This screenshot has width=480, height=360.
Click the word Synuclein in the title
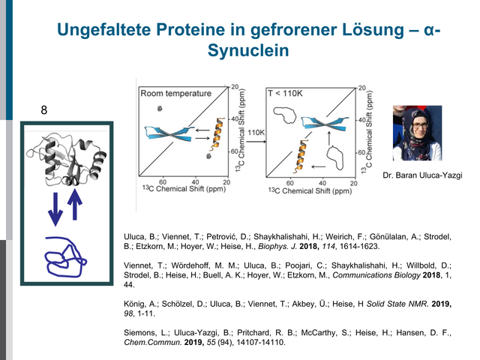point(248,50)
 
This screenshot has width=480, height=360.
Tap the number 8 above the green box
point(44,110)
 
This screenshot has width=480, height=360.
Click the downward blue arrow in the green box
point(55,209)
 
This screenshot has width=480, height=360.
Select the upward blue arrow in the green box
point(74,204)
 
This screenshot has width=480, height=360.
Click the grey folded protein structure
point(66,159)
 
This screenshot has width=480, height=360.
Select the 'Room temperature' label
point(175,93)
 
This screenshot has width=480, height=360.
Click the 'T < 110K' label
point(285,93)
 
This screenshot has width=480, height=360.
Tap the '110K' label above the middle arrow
point(256,133)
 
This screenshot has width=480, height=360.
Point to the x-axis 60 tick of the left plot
point(163,182)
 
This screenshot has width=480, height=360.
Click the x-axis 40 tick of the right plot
point(322,183)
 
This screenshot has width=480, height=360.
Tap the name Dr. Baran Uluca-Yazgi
point(422,175)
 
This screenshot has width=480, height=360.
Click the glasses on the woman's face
point(420,125)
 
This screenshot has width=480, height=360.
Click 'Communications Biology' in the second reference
point(376,275)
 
